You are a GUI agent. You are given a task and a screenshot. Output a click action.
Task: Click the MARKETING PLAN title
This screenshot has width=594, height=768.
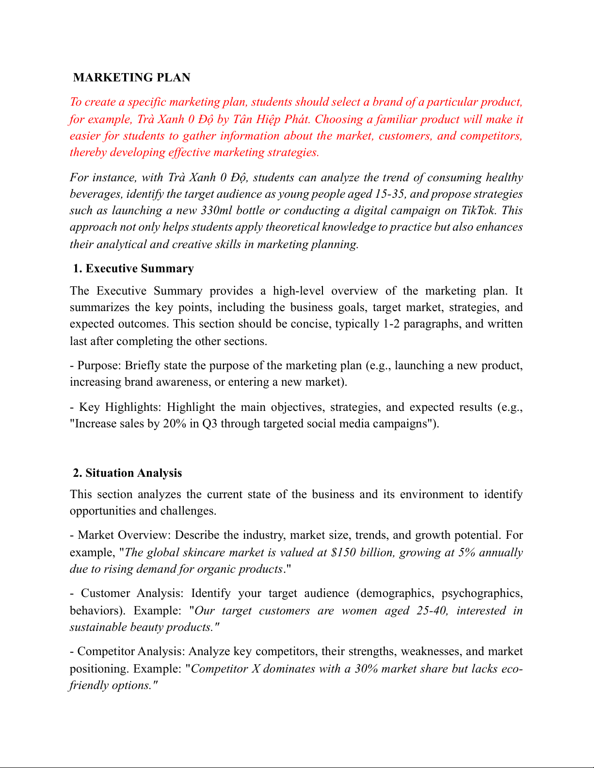click(131, 78)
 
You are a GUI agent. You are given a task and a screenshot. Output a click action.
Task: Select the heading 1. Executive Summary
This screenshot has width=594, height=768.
click(133, 268)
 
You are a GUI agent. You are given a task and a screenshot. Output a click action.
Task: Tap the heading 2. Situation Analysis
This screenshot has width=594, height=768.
click(128, 473)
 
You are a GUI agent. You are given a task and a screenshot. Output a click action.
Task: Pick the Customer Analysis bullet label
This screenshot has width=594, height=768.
click(132, 593)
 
